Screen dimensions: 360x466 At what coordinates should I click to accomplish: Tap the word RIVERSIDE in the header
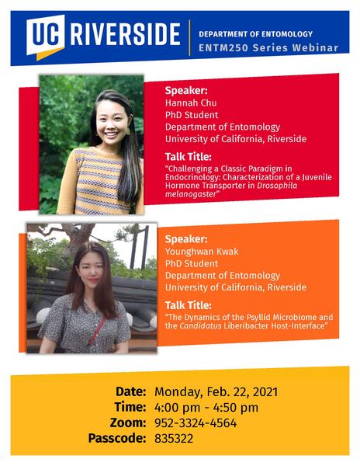pos(125,34)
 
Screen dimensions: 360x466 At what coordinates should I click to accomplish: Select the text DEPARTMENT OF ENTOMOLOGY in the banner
pos(255,34)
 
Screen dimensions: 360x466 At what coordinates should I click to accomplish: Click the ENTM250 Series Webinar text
pos(268,48)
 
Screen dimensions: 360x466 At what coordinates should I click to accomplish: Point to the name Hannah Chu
pos(191,103)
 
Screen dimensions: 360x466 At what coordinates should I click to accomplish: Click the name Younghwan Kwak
pos(202,252)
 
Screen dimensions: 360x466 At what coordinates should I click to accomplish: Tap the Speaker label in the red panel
pos(186,90)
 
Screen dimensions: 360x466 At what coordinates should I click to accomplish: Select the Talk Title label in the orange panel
pos(189,305)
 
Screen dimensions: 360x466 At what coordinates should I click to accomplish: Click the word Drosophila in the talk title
pos(277,186)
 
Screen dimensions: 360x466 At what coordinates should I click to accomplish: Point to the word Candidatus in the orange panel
pos(200,325)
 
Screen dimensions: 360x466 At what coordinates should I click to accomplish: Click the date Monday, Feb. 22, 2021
pos(216,391)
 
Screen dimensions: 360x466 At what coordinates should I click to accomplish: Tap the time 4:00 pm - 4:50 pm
pos(206,408)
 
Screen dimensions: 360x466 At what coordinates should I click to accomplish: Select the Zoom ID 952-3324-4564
pos(196,423)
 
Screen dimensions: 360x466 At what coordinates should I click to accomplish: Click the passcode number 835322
pos(174,439)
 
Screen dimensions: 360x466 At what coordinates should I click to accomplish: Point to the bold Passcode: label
pos(117,439)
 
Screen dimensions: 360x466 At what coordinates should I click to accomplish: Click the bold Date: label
pos(130,391)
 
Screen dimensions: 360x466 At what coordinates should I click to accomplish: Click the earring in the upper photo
pos(128,130)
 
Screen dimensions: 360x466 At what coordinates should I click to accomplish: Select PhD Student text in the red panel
pos(192,115)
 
